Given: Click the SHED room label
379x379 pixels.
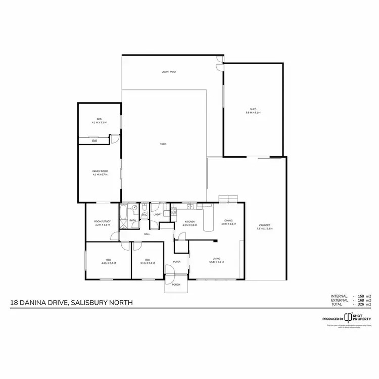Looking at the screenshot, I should coord(253,109).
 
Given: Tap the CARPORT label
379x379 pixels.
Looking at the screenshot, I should coord(265,225).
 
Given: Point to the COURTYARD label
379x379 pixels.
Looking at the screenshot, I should coord(169,72).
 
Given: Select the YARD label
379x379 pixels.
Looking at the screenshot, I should coord(163,145).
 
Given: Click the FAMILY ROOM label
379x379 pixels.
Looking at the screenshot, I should coord(100,172).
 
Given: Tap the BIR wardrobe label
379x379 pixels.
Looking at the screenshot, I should coord(94,141).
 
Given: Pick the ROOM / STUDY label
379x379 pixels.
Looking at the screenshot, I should coord(102,222).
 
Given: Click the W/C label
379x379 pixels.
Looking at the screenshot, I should coord(144,215).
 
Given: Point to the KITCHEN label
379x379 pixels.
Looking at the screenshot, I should coord(189,222).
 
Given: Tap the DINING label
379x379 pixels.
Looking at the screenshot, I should coord(228,220).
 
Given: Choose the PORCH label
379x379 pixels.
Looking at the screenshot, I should coord(176,285).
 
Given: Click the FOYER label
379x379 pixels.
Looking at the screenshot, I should coord(177,261).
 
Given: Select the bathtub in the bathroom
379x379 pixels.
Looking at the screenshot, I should coord(124,212).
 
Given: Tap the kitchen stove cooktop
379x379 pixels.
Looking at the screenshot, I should coord(191,206).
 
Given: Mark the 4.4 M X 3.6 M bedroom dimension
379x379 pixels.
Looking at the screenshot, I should coord(109,263).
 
